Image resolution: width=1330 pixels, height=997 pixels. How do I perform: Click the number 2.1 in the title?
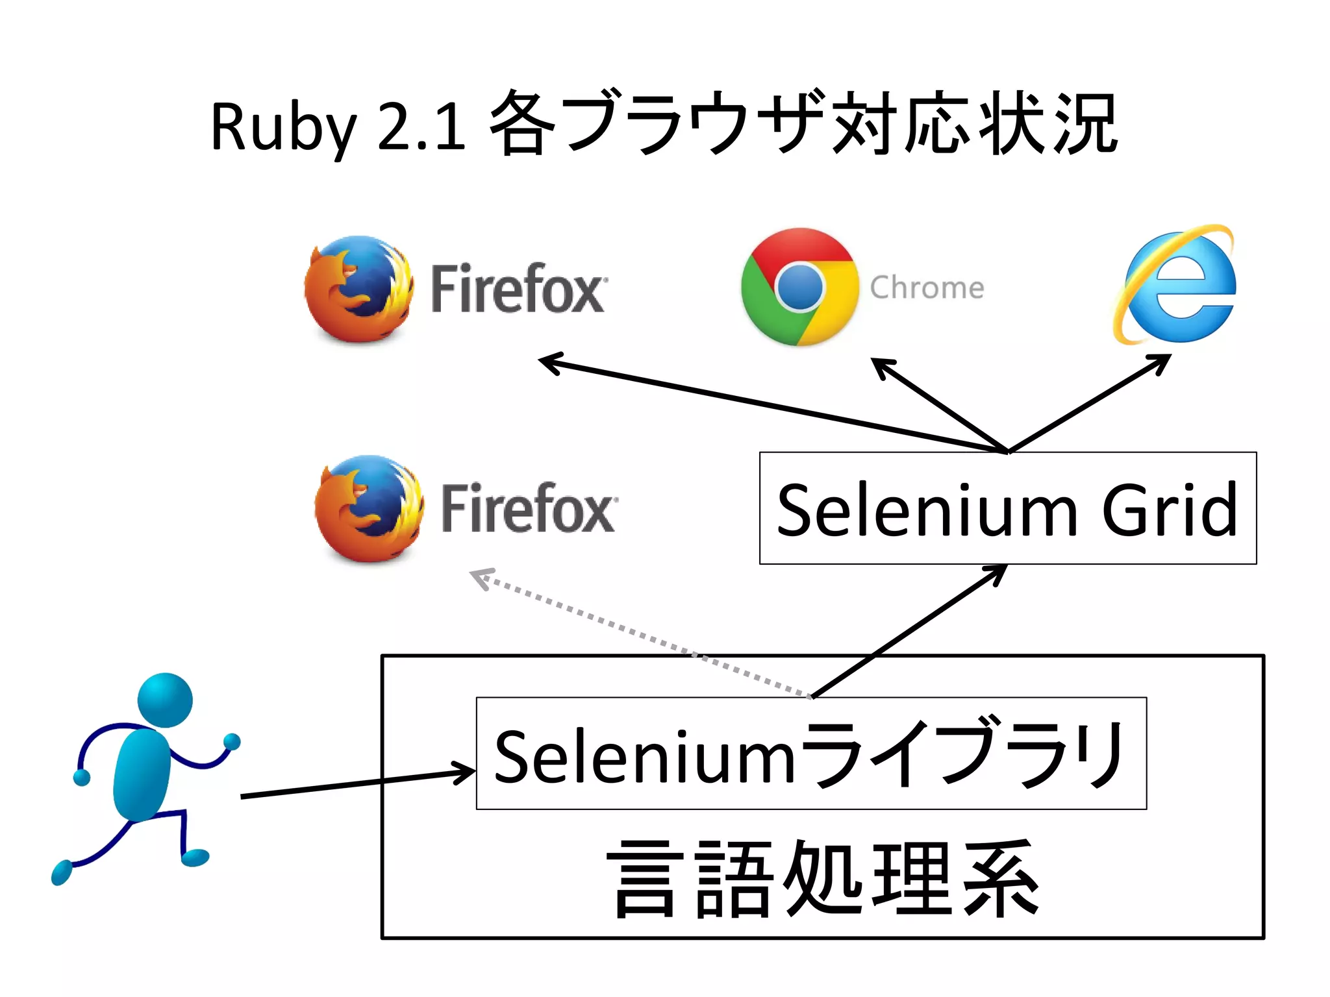coord(420,129)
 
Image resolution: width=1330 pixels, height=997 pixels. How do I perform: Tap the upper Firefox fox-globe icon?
coord(358,289)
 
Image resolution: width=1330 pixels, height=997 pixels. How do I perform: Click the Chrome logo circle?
coord(799,287)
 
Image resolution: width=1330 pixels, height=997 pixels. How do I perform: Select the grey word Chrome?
coord(927,288)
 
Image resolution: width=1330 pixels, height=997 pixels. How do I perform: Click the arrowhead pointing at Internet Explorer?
coord(1161,362)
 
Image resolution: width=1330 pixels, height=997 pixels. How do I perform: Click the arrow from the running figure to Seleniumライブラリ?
coord(357,783)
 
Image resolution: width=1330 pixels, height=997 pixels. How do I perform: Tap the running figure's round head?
coord(165,700)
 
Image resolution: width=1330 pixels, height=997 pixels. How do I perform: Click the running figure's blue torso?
coord(142,775)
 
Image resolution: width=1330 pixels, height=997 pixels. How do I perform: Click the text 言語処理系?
coord(823,879)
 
